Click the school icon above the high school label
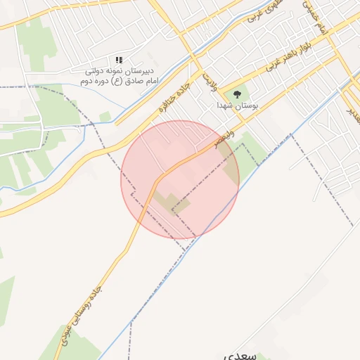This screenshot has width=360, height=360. (x=120, y=60)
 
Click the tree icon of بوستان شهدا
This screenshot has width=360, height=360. (x=237, y=94)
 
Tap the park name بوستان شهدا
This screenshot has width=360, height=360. (x=237, y=105)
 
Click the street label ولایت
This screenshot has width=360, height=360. (x=208, y=80)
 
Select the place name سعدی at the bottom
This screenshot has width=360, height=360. (x=240, y=355)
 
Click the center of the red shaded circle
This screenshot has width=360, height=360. (x=180, y=179)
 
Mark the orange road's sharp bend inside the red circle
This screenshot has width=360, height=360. (x=161, y=176)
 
